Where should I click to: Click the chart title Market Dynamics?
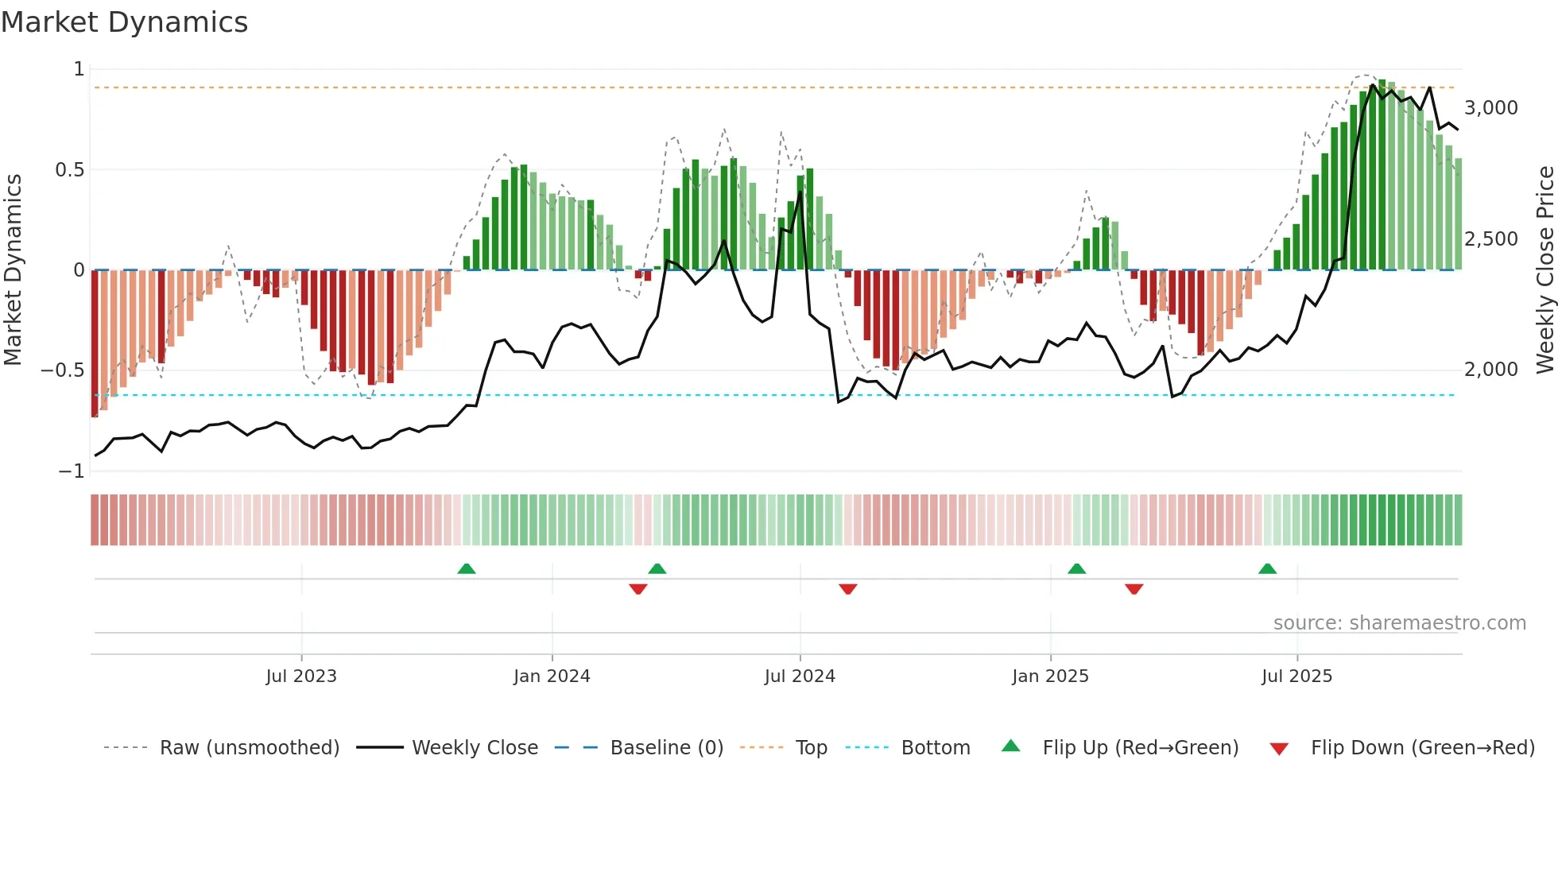click(125, 22)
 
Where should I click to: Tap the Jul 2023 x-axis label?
click(301, 676)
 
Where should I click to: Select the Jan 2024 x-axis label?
click(552, 676)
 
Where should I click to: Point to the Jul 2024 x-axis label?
click(800, 676)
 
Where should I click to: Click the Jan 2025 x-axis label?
click(1050, 676)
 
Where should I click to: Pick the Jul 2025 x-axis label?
click(1296, 676)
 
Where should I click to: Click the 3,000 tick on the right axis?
click(1491, 108)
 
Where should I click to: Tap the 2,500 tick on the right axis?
click(1491, 239)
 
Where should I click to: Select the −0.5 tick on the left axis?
click(63, 370)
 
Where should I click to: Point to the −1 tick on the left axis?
click(72, 471)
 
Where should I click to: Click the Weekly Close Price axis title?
click(1544, 270)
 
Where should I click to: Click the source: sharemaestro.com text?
click(1399, 623)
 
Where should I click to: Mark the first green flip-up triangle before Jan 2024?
click(467, 569)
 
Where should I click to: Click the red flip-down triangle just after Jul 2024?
click(848, 589)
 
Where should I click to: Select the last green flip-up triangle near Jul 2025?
click(1267, 569)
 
